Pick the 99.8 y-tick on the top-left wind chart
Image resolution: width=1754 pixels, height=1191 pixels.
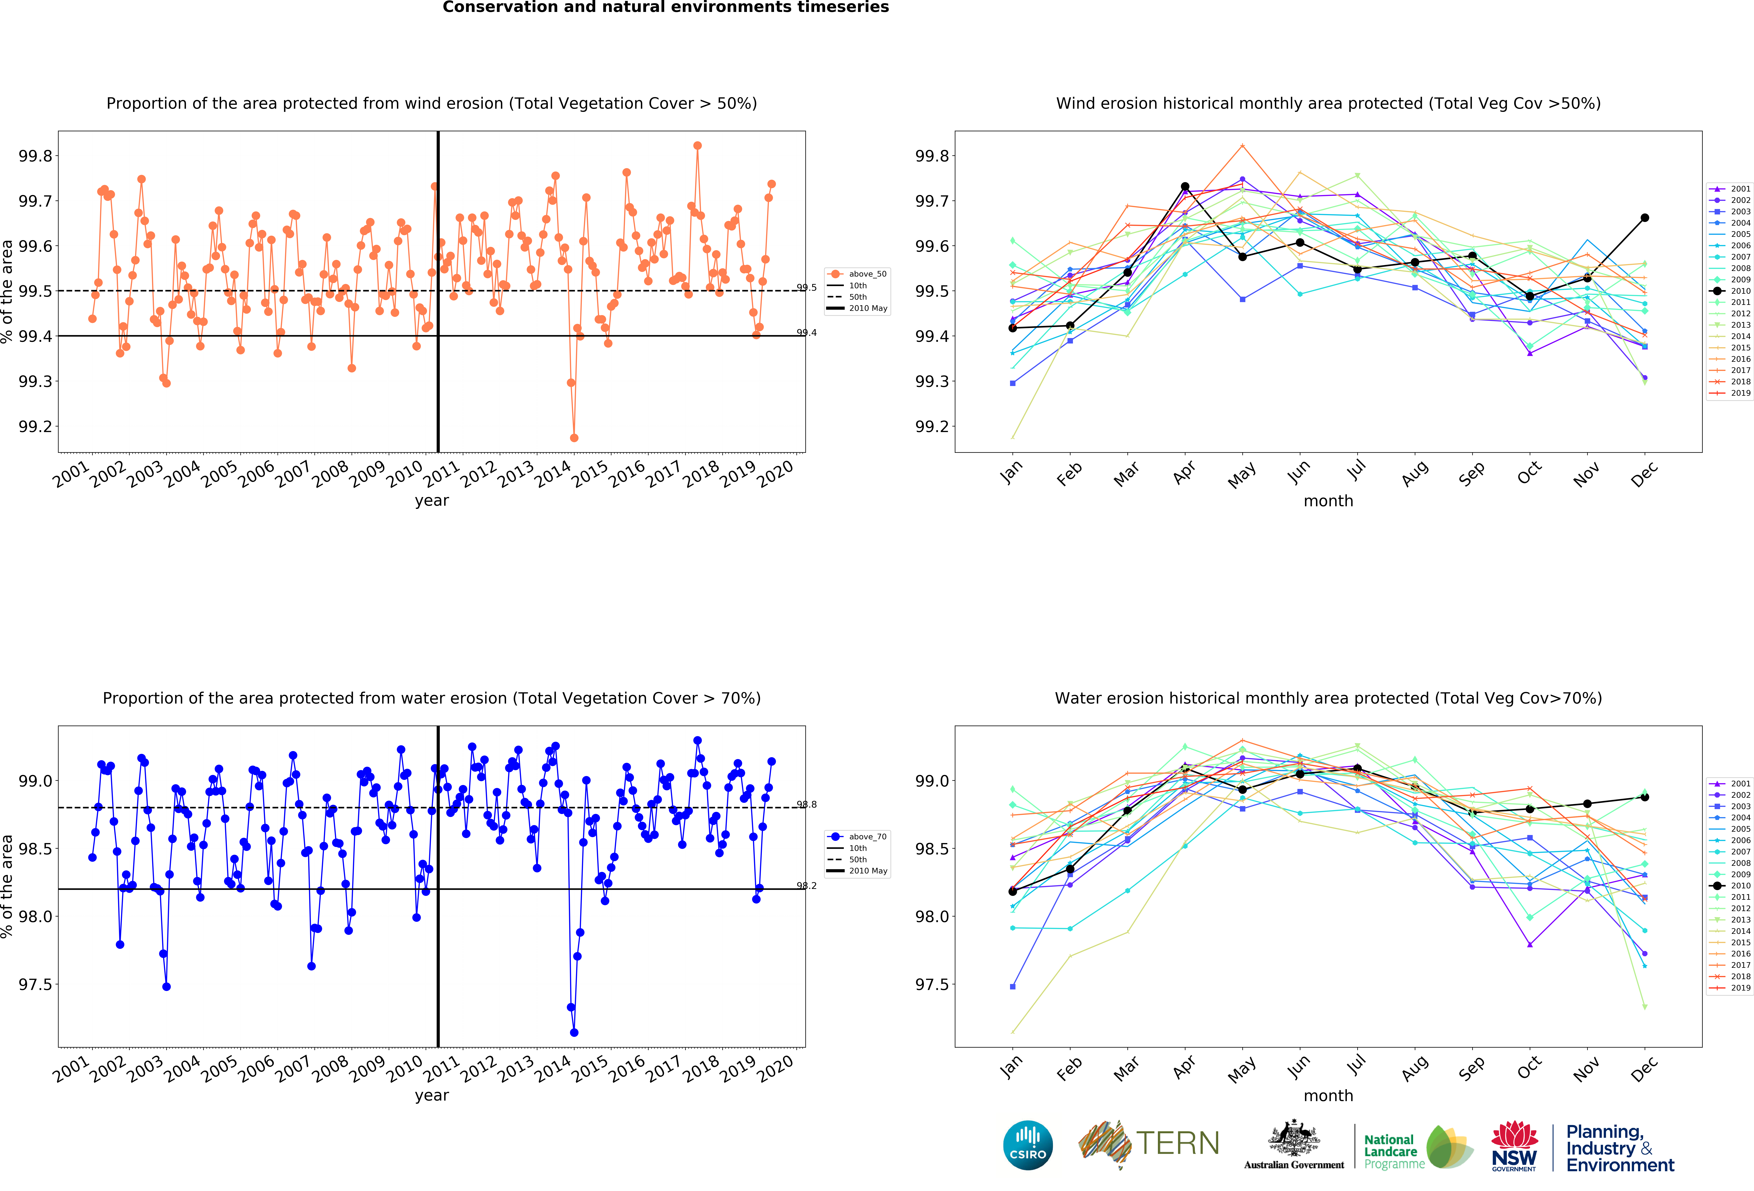pyautogui.click(x=35, y=156)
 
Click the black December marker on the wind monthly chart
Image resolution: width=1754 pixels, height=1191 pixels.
pyautogui.click(x=1645, y=218)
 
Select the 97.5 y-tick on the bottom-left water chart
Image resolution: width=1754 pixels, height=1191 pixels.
pyautogui.click(x=35, y=984)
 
